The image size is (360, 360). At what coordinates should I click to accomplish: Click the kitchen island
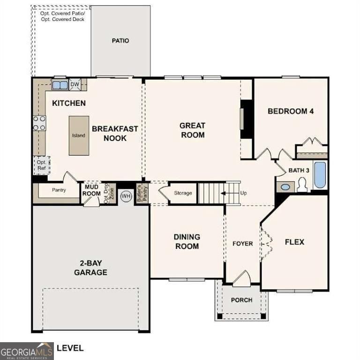(x=78, y=135)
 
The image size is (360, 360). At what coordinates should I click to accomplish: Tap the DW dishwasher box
(x=75, y=85)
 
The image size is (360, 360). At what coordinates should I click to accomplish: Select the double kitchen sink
(x=60, y=85)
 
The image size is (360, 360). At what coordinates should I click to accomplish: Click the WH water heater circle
(x=126, y=196)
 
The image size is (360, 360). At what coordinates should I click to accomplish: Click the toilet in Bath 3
(x=302, y=185)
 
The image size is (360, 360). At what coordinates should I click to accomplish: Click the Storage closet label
(x=183, y=193)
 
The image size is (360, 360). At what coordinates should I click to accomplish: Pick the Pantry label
(x=59, y=190)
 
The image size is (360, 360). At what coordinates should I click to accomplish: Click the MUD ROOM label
(x=92, y=190)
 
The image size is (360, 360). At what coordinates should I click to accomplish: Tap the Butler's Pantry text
(x=139, y=194)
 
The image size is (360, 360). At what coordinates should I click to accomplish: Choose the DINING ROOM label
(x=187, y=241)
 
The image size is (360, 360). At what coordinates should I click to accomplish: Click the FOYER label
(x=243, y=244)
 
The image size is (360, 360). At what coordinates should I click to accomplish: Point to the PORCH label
(x=241, y=300)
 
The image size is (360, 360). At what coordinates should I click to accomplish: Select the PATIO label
(x=120, y=41)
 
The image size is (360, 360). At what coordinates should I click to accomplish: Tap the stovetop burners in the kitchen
(x=39, y=123)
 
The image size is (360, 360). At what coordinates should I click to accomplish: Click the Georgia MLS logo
(x=27, y=351)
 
